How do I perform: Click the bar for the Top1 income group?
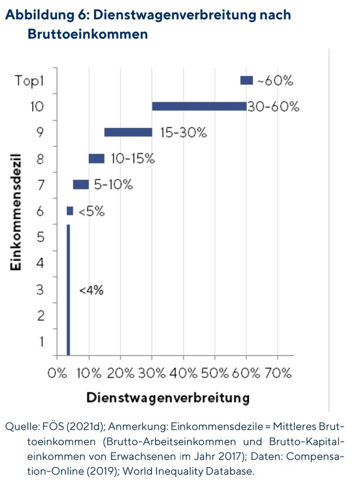pyautogui.click(x=246, y=81)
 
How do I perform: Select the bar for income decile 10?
pyautogui.click(x=199, y=106)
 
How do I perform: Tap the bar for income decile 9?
pyautogui.click(x=128, y=132)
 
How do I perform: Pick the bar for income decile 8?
pyautogui.click(x=96, y=158)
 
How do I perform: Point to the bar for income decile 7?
pyautogui.click(x=81, y=185)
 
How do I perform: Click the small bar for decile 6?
pyautogui.click(x=70, y=211)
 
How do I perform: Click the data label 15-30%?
pyautogui.click(x=184, y=133)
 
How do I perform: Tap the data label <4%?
pyautogui.click(x=91, y=290)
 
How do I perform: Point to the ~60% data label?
pyautogui.click(x=275, y=81)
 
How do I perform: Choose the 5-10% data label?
pyautogui.click(x=114, y=185)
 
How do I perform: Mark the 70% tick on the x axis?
pyautogui.click(x=277, y=373)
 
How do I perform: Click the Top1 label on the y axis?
pyautogui.click(x=29, y=81)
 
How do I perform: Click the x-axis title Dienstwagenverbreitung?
pyautogui.click(x=168, y=398)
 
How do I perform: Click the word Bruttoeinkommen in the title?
pyautogui.click(x=87, y=35)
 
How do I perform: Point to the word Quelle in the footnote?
pyautogui.click(x=19, y=427)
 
